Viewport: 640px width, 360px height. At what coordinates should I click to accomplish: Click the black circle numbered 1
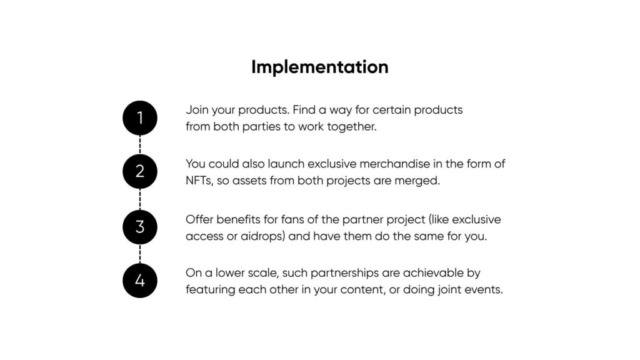140,118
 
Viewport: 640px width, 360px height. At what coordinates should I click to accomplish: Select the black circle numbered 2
140,171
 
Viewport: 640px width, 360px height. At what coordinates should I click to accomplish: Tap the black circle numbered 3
140,227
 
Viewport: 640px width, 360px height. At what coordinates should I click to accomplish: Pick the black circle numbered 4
140,281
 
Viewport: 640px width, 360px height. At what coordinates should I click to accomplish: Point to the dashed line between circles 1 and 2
140,145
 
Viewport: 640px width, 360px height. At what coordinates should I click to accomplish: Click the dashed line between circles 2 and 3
140,199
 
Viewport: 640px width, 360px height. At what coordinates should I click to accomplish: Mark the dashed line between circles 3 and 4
140,254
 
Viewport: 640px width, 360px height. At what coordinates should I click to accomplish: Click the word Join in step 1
197,110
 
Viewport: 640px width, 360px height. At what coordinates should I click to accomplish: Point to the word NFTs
199,181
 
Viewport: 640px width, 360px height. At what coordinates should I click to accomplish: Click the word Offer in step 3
199,219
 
